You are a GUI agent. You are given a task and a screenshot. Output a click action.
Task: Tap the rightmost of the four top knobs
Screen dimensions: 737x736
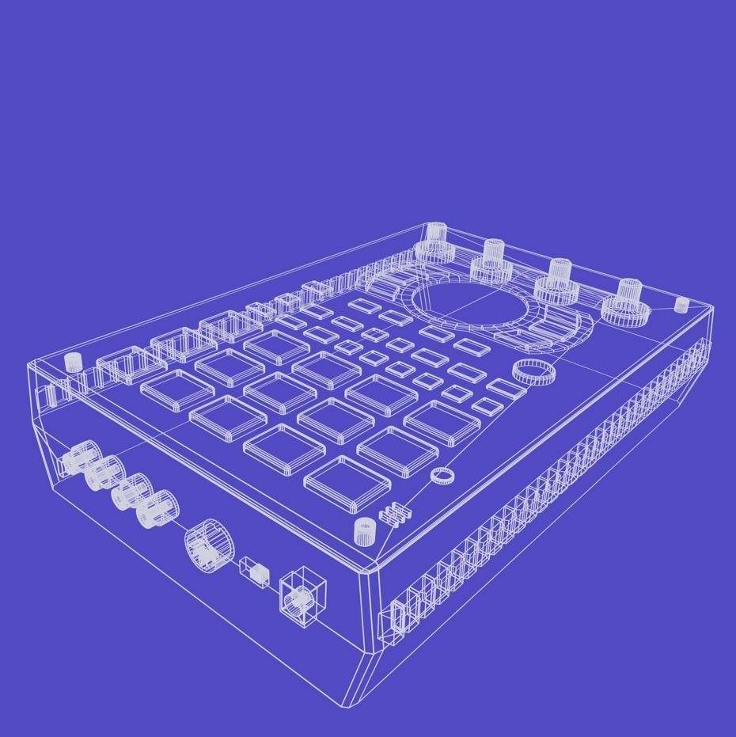coord(628,301)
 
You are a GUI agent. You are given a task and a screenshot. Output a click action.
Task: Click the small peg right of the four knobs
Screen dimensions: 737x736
coord(681,305)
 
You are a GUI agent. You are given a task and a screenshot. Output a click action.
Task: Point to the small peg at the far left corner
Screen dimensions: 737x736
coord(73,362)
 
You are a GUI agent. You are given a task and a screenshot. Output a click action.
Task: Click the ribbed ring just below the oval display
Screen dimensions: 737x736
coord(533,371)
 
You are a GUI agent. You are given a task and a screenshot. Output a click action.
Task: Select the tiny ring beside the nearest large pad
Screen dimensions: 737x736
coord(442,475)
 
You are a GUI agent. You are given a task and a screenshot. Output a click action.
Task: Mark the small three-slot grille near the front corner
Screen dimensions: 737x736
coord(395,513)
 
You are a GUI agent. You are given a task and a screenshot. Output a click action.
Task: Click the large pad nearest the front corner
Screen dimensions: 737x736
coord(347,481)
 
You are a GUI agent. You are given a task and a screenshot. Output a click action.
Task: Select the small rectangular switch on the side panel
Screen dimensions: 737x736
coord(254,571)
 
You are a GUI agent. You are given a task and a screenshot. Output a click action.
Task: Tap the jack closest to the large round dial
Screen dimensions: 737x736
coord(156,509)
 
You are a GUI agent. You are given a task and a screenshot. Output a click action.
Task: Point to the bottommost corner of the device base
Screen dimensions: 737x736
coord(349,705)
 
